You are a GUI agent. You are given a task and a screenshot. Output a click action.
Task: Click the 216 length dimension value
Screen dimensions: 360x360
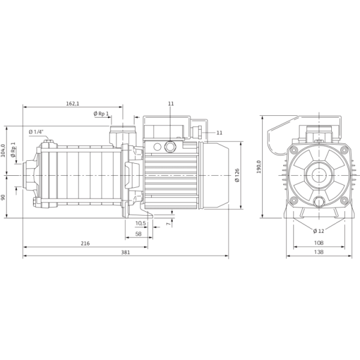[85, 243]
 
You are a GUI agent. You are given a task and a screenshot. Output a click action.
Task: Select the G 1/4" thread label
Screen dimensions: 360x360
[35, 131]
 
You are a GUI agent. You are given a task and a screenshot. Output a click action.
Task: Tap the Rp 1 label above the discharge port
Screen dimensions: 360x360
[100, 113]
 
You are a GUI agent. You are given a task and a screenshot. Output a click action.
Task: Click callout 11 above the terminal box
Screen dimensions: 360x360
[171, 104]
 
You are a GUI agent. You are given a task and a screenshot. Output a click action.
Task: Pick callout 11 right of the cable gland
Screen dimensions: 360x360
[218, 131]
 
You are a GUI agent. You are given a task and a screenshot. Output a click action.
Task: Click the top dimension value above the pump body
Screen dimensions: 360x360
[73, 104]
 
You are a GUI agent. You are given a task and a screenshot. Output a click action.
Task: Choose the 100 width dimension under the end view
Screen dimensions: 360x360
[319, 242]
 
